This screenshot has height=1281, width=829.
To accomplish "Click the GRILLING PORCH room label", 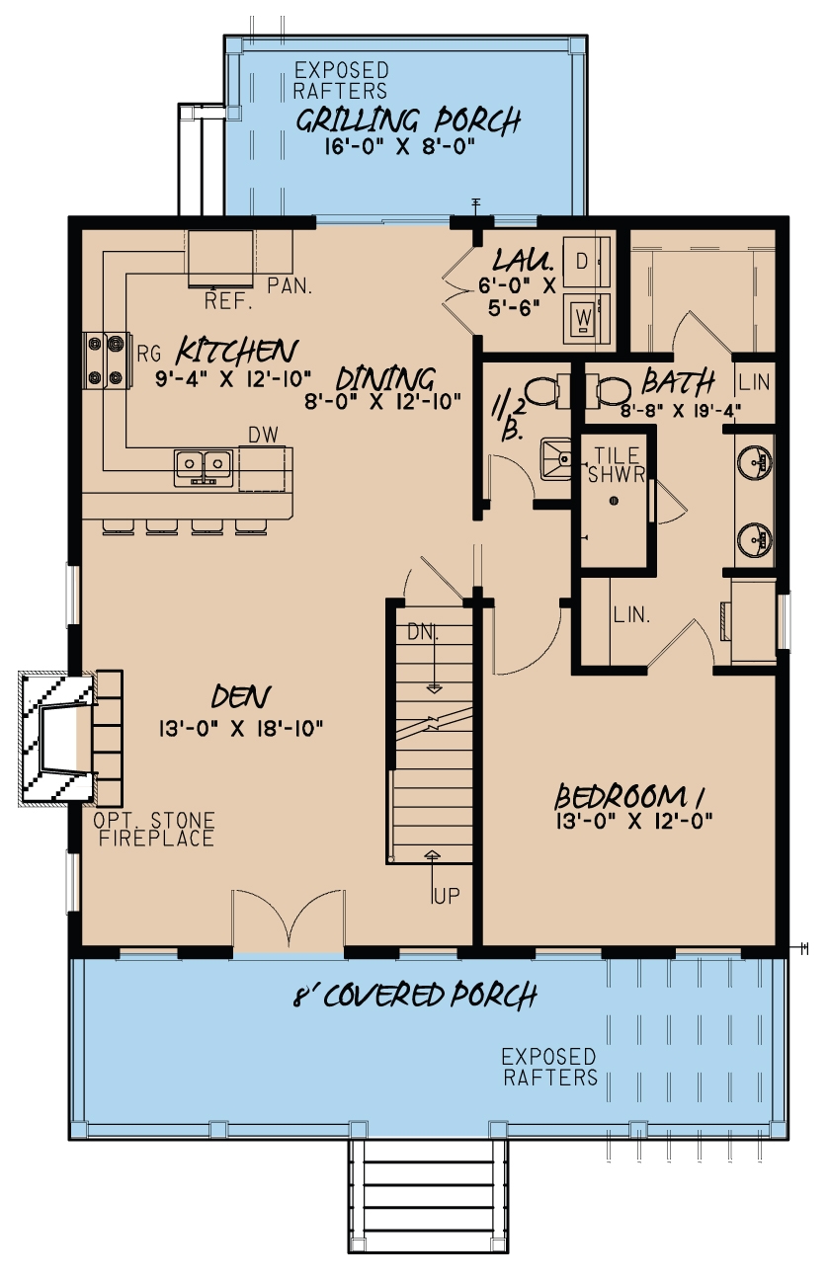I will (x=408, y=121).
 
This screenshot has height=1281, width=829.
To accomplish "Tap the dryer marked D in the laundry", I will (x=582, y=263).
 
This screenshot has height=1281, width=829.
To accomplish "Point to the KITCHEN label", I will (x=237, y=351).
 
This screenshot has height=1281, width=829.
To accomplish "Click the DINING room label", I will (x=384, y=378).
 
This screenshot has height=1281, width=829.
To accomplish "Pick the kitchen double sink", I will (x=204, y=465).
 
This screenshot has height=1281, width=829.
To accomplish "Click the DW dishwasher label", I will (x=261, y=434).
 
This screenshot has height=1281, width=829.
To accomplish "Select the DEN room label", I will (x=241, y=696).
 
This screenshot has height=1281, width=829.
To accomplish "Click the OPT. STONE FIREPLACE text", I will (x=153, y=830).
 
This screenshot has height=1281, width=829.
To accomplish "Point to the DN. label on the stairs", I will (x=425, y=630).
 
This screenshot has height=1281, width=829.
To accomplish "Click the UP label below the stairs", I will (x=446, y=895).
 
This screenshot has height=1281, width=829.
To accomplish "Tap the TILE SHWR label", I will (x=619, y=464).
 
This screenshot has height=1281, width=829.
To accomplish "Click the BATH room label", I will (x=678, y=380).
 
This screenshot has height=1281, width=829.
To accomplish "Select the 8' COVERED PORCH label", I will (x=414, y=995).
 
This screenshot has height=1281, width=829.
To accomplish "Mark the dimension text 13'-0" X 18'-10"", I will (x=241, y=729).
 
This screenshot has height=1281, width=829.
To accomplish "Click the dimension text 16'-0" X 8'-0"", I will (x=401, y=147).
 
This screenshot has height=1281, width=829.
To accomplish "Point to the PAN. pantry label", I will (x=290, y=286).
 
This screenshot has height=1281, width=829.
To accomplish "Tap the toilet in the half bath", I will (x=539, y=391).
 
